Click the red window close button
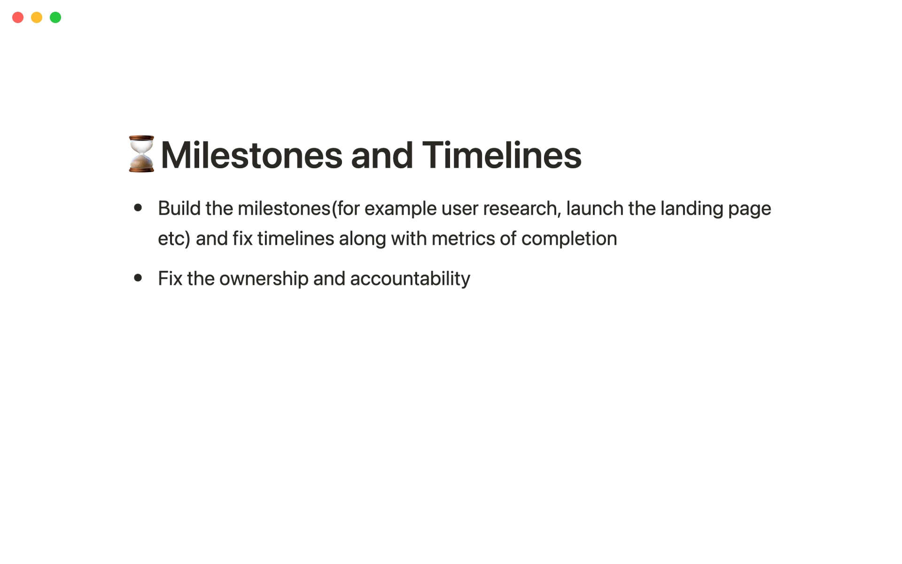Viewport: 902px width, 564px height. [x=18, y=17]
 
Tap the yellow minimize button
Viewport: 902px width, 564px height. [x=37, y=17]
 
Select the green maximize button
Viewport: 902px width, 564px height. [x=55, y=17]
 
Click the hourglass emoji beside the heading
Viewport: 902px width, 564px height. [x=141, y=154]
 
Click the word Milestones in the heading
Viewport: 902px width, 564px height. [x=252, y=155]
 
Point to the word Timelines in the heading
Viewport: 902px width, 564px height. [x=502, y=155]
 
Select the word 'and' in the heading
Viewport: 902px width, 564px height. [x=382, y=155]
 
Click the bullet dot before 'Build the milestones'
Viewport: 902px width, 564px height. [x=138, y=208]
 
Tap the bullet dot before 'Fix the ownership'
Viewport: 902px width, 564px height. [x=138, y=278]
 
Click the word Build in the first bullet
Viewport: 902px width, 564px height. [x=179, y=208]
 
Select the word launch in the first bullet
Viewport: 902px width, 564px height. [x=595, y=208]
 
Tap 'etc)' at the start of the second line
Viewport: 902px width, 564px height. [x=174, y=239]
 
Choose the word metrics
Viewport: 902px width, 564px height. [x=463, y=238]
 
